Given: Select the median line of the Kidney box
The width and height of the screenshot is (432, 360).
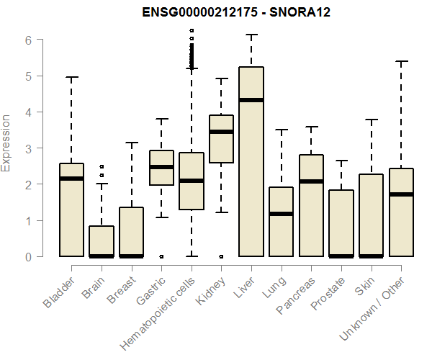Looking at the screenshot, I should click(221, 132).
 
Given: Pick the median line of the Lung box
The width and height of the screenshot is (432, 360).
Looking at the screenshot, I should click(282, 214).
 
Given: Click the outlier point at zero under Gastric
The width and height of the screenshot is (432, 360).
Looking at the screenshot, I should click(161, 256).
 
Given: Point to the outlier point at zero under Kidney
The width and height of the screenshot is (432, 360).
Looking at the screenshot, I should click(221, 256).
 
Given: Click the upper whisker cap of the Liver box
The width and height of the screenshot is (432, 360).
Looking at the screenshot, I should click(251, 35).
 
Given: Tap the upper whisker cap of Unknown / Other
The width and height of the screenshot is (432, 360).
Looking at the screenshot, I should click(402, 61).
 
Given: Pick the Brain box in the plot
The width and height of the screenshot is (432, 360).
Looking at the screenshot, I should click(101, 241).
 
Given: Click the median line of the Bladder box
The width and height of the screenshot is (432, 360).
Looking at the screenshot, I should click(71, 178).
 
